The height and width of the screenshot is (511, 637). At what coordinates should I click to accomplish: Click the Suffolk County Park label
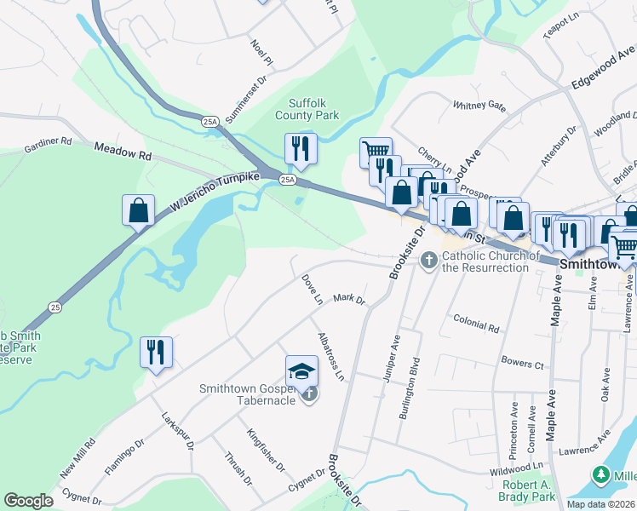click(x=307, y=109)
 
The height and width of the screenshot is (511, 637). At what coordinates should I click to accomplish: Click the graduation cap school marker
click(x=300, y=370)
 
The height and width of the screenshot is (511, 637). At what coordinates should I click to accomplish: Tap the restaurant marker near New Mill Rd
click(x=156, y=352)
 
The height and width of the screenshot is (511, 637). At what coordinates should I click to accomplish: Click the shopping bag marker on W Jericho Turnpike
click(x=138, y=210)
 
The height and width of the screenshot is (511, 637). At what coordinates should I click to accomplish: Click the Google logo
click(x=29, y=501)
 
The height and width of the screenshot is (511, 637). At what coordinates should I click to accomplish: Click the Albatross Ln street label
click(x=333, y=355)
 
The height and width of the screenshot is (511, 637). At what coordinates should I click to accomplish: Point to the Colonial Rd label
click(x=476, y=324)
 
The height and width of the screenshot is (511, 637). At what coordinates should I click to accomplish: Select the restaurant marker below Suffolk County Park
click(x=300, y=149)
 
